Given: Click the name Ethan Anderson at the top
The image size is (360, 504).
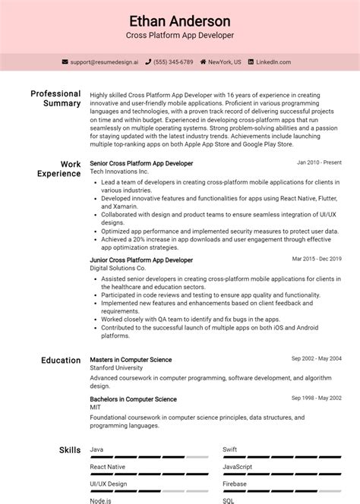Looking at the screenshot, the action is tap(180, 20).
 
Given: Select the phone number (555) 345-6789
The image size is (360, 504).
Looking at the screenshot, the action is tap(173, 61).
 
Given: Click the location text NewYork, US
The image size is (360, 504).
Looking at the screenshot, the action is tap(225, 61).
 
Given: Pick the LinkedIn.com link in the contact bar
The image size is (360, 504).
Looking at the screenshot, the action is tap(276, 61).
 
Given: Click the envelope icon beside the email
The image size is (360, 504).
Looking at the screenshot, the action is tap(65, 61).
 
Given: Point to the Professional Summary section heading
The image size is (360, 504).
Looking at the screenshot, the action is tap(55, 99).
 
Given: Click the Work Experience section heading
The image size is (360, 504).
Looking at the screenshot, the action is tap(59, 169).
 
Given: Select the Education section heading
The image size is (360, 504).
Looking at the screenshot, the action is tap(61, 361).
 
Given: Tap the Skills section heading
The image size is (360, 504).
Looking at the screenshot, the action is tap(70, 450).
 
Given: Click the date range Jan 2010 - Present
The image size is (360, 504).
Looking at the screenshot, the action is tap(319, 163).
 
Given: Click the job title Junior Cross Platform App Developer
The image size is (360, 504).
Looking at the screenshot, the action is tap(141, 260).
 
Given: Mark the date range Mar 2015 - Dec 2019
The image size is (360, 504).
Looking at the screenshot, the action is tap(317, 259).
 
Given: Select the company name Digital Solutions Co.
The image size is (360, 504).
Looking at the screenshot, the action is tap(116, 269).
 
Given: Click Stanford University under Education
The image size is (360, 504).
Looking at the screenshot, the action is tap(116, 368).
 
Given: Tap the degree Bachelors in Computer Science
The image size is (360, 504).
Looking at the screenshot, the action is tap(133, 399).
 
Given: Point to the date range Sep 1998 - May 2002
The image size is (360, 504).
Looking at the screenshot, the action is tap(317, 398).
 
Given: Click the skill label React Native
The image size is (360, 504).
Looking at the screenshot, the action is tap(107, 467).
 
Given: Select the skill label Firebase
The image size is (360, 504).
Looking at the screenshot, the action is tap(234, 484).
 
